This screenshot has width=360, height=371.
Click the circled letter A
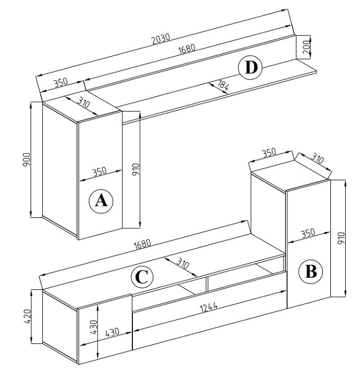[101, 201]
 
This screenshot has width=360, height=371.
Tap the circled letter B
[311, 271]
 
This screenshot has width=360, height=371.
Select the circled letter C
[142, 277]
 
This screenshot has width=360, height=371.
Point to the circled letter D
[250, 67]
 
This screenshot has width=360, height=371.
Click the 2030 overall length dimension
[161, 39]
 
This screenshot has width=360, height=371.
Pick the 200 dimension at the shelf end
[306, 47]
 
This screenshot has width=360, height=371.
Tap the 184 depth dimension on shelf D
[222, 85]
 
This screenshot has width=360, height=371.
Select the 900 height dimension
[26, 160]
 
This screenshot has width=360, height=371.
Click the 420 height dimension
[28, 316]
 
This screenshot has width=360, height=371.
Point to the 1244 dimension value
[209, 307]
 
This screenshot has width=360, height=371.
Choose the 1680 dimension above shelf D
[187, 49]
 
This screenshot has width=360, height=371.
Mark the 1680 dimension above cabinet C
[142, 244]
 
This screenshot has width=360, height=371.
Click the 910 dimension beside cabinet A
[136, 170]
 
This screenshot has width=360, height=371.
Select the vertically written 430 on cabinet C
[94, 327]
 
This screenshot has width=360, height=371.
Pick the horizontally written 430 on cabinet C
[112, 333]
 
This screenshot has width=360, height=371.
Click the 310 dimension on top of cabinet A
[84, 102]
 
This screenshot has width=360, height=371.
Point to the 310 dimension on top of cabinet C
[183, 263]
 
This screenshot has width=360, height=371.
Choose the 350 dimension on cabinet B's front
[308, 233]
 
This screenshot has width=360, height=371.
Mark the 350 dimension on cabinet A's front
[100, 172]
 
